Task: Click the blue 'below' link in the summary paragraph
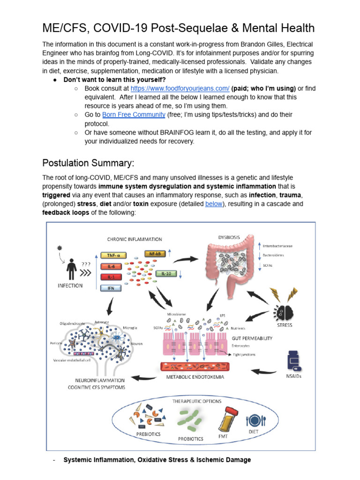[x=214, y=204]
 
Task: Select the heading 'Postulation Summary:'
[x=88, y=163]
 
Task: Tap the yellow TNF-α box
[x=113, y=255]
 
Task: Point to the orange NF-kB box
[x=155, y=254]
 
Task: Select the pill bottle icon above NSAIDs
[x=293, y=363]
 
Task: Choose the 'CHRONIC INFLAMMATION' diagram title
[x=135, y=240]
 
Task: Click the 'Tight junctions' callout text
[x=244, y=355]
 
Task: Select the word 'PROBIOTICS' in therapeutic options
[x=190, y=439]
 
